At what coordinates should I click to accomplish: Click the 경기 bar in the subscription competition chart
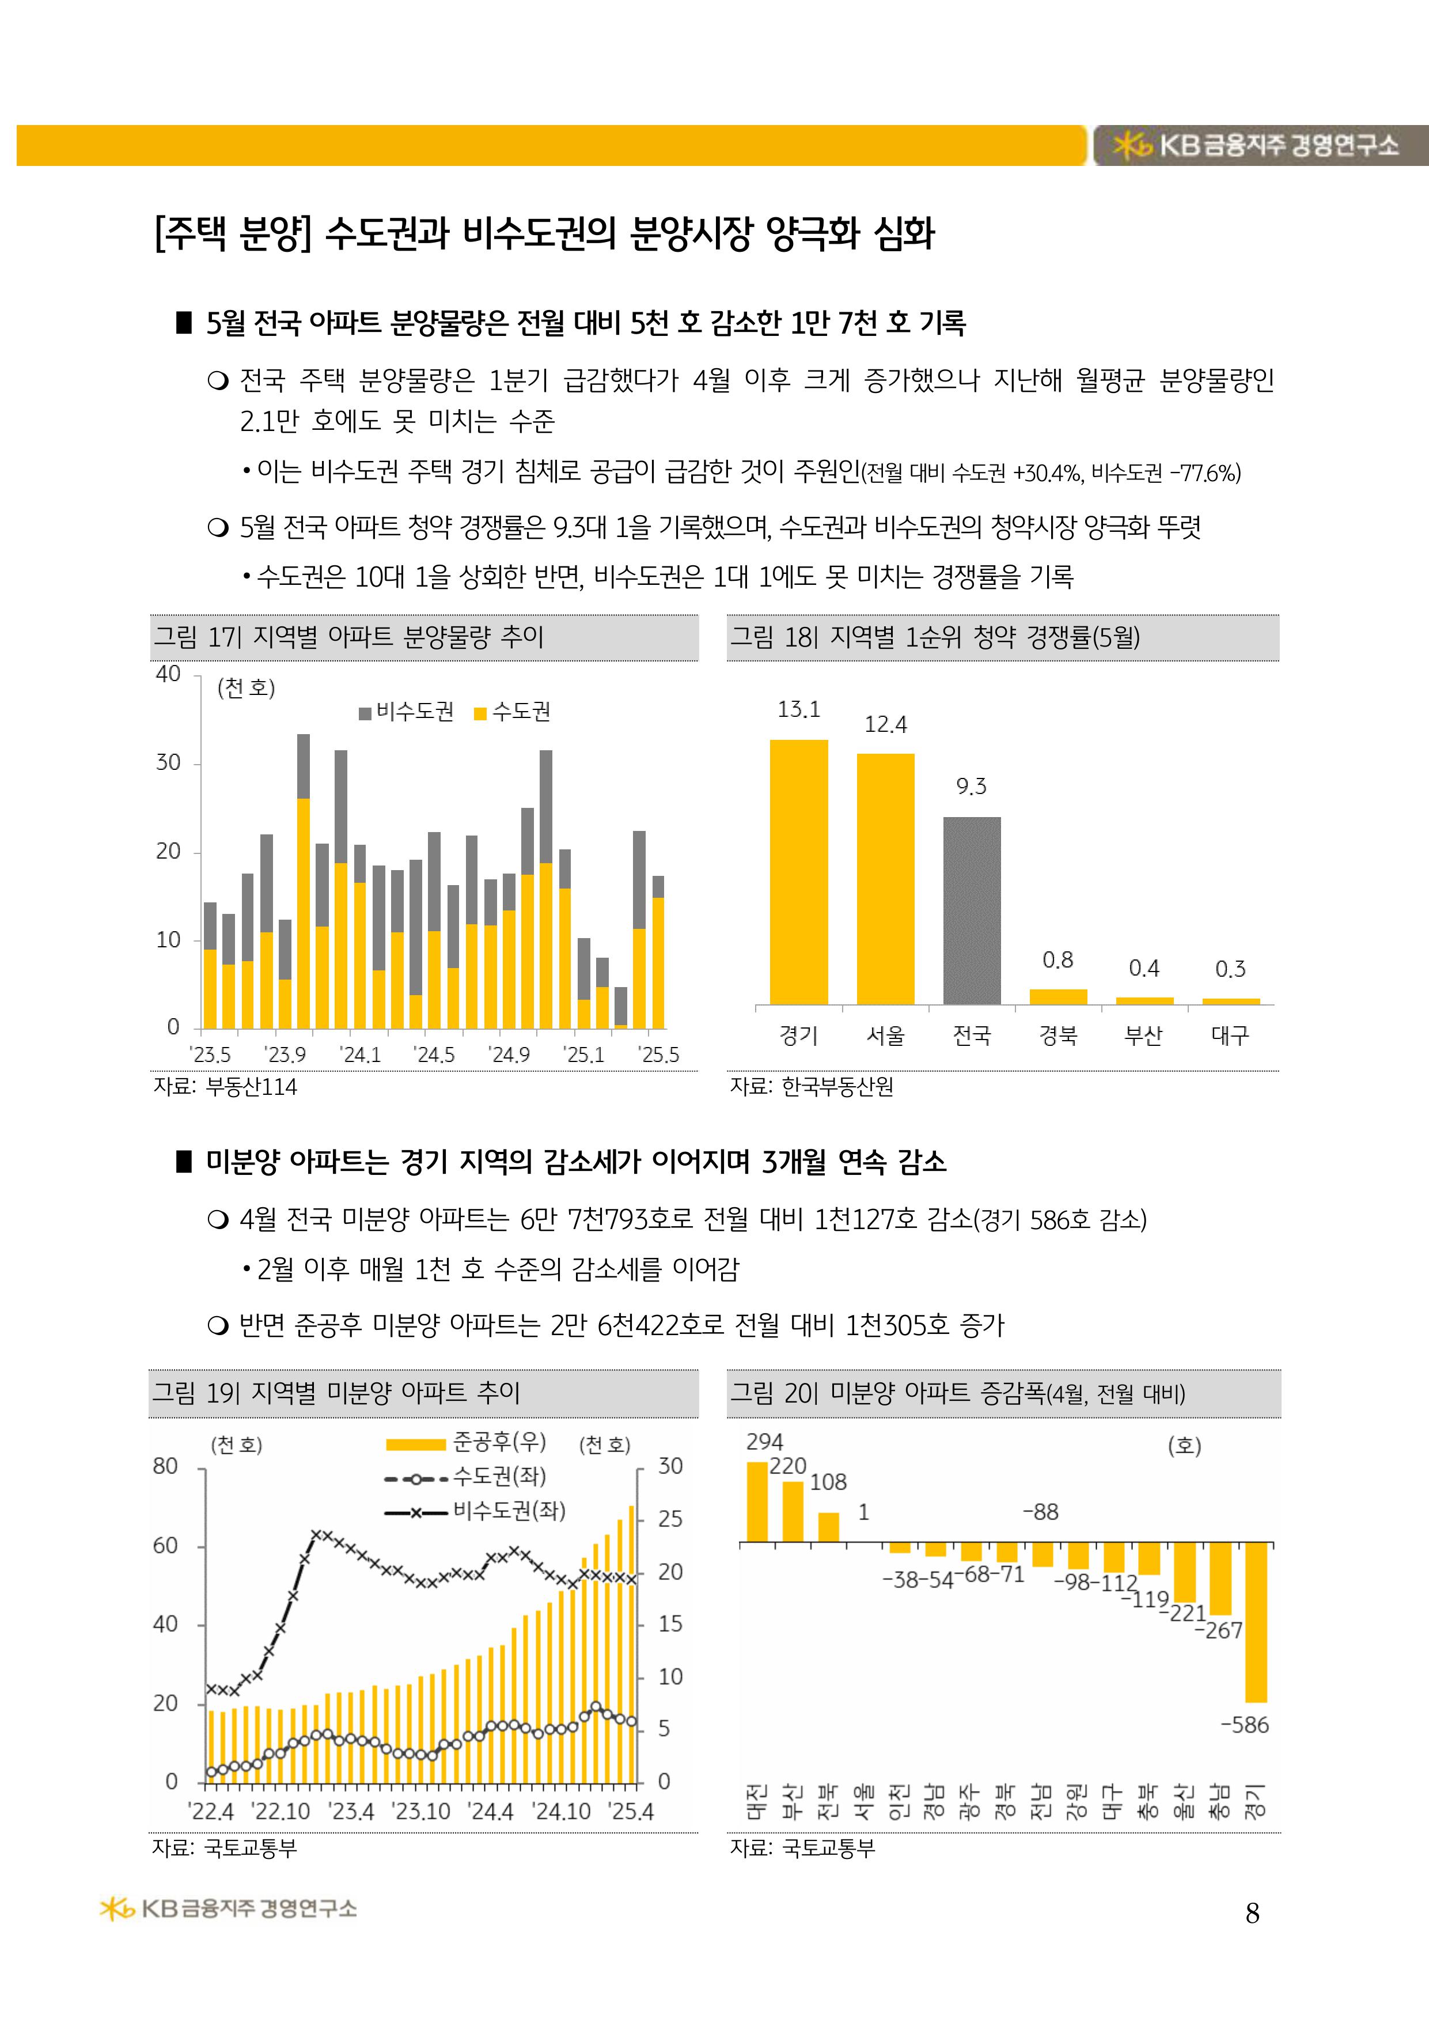tap(798, 872)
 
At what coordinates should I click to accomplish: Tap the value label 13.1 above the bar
tap(798, 709)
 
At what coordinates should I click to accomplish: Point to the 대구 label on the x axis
tap(1230, 1035)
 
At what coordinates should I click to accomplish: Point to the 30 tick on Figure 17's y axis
tap(168, 763)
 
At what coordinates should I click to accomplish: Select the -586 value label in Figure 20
tap(1244, 1725)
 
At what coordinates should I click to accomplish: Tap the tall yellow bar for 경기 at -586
tap(1256, 1622)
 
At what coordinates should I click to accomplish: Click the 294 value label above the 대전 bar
tap(764, 1442)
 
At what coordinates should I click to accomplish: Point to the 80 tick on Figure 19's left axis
tap(165, 1467)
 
